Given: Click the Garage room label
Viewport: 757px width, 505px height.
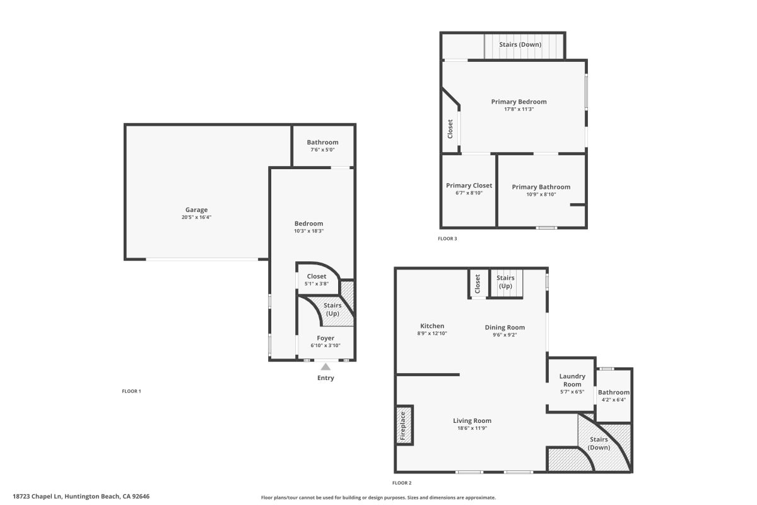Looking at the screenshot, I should tap(196, 210).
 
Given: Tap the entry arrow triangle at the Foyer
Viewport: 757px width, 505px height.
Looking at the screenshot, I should tap(326, 366).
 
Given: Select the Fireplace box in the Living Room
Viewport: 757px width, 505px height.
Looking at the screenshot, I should tap(404, 426).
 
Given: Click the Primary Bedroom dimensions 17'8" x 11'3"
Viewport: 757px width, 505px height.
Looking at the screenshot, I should tap(519, 109).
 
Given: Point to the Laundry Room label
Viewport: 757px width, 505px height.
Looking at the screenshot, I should tap(572, 381).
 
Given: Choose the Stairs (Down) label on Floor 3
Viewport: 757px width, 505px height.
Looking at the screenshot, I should tap(519, 45).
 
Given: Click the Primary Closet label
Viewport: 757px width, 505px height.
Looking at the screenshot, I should tap(469, 186).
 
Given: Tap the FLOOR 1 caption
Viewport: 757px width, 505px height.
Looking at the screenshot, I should tap(131, 391).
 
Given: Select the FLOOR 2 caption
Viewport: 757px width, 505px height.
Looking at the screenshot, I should tap(402, 483).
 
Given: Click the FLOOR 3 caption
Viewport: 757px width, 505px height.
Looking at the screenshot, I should tap(447, 239).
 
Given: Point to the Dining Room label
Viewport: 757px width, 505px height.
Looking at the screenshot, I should tap(505, 327).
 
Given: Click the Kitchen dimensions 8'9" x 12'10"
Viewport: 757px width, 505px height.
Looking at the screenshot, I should tap(431, 333).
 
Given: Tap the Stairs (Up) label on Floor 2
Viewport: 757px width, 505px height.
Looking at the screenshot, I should tap(505, 282).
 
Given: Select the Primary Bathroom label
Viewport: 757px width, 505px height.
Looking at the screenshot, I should tap(541, 187).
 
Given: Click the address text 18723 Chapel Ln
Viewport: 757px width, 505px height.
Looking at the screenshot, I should tap(81, 497).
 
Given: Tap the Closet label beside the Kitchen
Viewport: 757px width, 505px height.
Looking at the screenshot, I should tap(478, 283).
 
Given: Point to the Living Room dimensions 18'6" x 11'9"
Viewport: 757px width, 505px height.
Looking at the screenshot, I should tap(472, 428).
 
